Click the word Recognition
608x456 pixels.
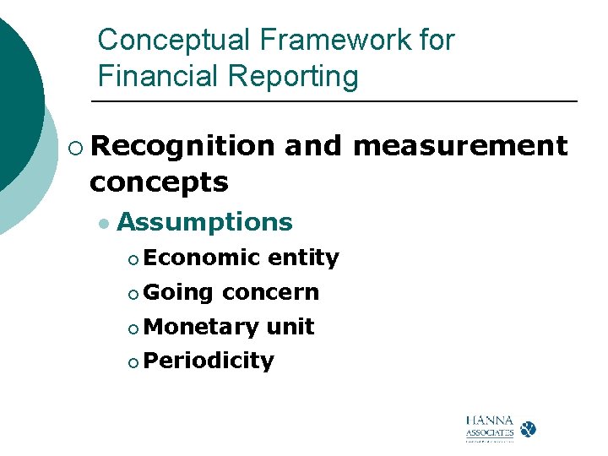pos(182,146)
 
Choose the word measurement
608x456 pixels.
pos(460,146)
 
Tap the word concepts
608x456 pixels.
pos(159,182)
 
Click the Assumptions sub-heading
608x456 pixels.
pos(204,222)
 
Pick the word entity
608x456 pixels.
pos(303,258)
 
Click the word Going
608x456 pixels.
pos(178,292)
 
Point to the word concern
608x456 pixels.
pos(270,292)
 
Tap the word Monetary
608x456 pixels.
pos(201,327)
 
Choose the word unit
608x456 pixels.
pos(290,327)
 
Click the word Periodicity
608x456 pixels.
pos(209,361)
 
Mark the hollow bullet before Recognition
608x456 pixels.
pos(77,148)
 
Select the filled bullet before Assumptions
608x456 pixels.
pos(103,224)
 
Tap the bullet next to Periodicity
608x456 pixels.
pos(133,363)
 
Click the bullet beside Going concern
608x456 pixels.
pos(133,294)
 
